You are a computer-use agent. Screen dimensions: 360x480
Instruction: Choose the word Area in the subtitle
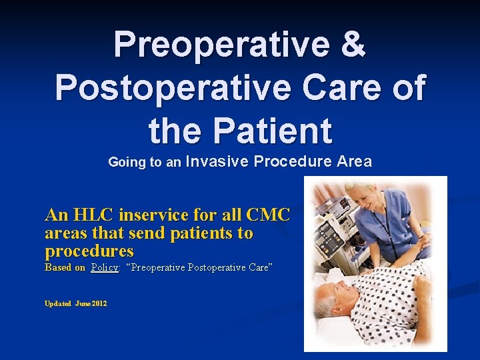[x=354, y=161]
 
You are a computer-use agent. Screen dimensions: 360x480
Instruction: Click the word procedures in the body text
[x=89, y=251]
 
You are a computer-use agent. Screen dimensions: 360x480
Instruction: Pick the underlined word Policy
[x=105, y=267]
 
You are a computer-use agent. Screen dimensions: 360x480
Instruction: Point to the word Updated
[x=57, y=303]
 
